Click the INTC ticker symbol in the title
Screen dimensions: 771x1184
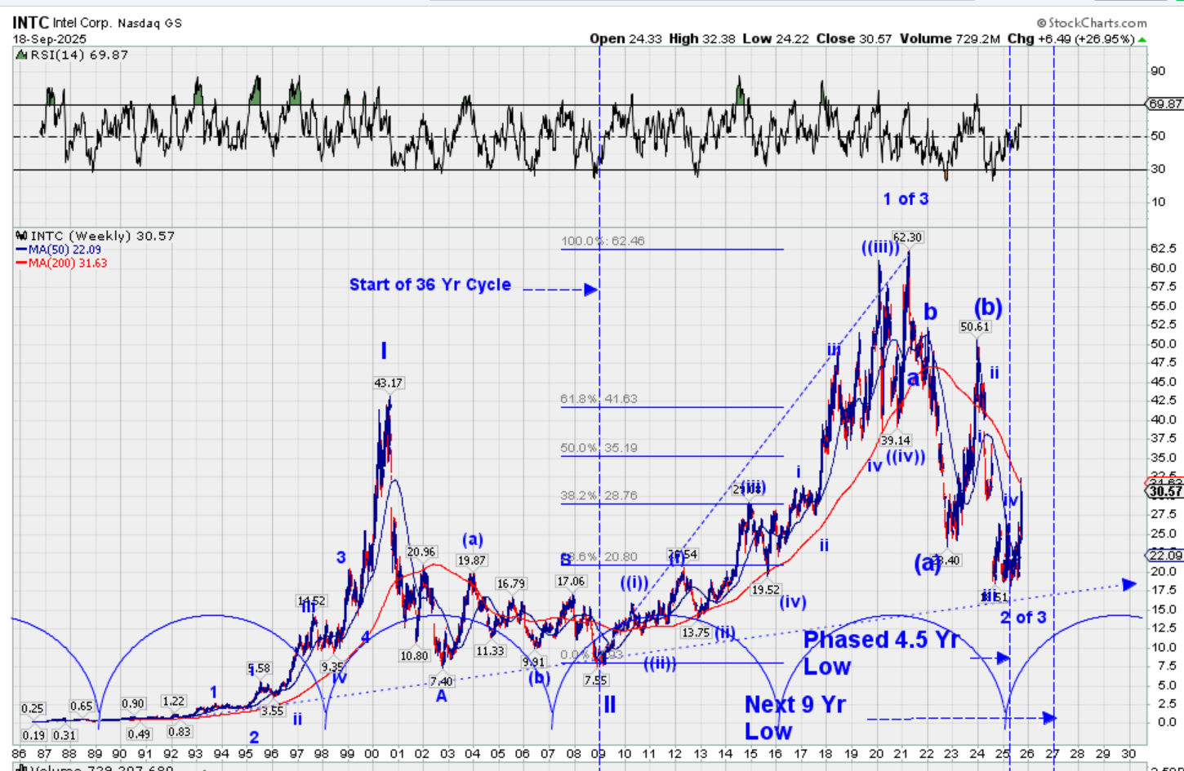[30, 22]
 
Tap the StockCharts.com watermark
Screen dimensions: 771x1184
[1092, 23]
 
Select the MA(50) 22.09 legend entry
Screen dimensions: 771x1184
[65, 250]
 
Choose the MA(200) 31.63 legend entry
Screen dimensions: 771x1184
[67, 263]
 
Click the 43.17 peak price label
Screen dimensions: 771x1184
[388, 383]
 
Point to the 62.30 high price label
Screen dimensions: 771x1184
[906, 237]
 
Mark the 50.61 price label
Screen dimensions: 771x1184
[974, 326]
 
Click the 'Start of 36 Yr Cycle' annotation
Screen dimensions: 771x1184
[430, 285]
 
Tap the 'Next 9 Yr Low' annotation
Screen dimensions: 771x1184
[795, 717]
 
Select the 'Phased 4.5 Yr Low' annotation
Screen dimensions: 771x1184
[881, 652]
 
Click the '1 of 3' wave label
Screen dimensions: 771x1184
[906, 199]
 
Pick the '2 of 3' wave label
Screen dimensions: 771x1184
[1023, 618]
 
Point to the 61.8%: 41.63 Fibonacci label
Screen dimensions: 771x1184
[599, 399]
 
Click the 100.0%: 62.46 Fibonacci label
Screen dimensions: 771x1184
[603, 241]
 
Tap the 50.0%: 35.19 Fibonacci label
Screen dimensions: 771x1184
[599, 448]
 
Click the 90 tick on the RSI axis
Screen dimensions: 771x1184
[1158, 71]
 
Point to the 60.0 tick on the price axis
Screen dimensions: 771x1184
[1163, 268]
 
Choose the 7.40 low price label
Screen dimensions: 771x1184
[441, 681]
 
